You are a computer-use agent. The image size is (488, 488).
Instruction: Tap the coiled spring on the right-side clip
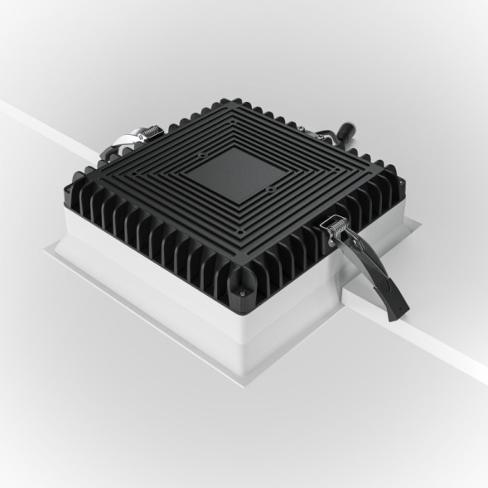(x=336, y=226)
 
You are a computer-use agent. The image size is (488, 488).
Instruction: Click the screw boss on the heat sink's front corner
(x=241, y=291)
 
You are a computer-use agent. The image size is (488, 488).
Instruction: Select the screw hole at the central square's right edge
(x=271, y=190)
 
